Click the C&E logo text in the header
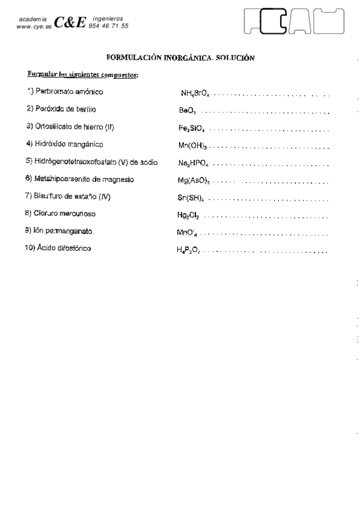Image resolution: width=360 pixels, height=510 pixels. (70, 23)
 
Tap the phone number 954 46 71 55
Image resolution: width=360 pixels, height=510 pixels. (108, 26)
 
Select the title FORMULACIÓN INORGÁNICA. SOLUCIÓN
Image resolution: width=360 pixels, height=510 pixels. (180, 58)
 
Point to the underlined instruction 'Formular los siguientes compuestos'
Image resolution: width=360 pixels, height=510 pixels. (83, 75)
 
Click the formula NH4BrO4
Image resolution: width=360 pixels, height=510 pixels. (195, 94)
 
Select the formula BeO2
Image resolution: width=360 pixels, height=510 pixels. (188, 111)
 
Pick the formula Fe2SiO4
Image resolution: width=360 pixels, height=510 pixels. (192, 129)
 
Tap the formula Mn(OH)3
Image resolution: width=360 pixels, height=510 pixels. (192, 146)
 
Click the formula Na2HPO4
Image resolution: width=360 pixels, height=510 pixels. (193, 164)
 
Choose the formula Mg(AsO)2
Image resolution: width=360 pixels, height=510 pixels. (193, 180)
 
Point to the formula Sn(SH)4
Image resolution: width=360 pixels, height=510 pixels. (191, 198)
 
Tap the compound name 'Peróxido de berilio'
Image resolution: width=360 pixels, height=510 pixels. (61, 109)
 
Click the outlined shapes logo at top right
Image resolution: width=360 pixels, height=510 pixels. (295, 23)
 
